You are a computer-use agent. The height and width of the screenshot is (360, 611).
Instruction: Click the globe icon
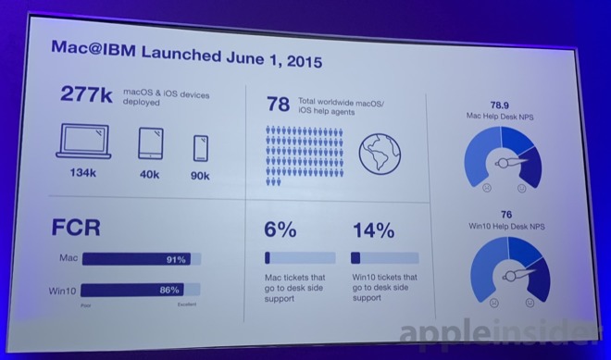[x=380, y=152]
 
